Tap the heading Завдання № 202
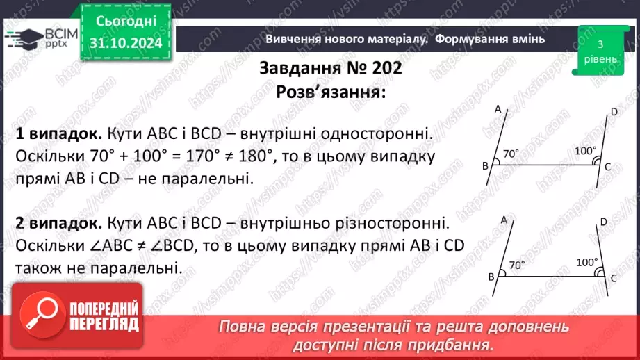pyautogui.click(x=330, y=69)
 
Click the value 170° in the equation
pyautogui.click(x=208, y=155)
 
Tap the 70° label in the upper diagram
pyautogui.click(x=511, y=154)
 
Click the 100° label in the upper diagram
pyautogui.click(x=585, y=151)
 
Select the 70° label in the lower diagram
pyautogui.click(x=517, y=265)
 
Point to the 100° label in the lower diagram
pyautogui.click(x=586, y=262)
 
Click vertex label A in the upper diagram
pyautogui.click(x=498, y=108)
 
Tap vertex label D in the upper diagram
pyautogui.click(x=614, y=112)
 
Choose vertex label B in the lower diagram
pyautogui.click(x=491, y=277)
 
